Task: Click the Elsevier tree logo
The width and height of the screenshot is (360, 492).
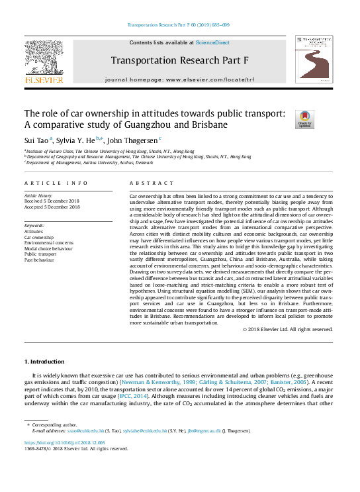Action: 44,61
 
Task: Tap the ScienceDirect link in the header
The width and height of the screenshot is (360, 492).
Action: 213,42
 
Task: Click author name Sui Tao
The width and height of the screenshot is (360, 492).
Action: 36,140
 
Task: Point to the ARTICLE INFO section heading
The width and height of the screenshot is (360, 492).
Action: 56,182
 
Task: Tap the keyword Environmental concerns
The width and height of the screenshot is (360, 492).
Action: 49,242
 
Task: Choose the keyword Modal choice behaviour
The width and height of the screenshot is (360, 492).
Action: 49,248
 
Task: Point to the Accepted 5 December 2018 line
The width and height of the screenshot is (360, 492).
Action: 52,207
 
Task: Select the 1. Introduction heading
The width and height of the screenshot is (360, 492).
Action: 44,362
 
